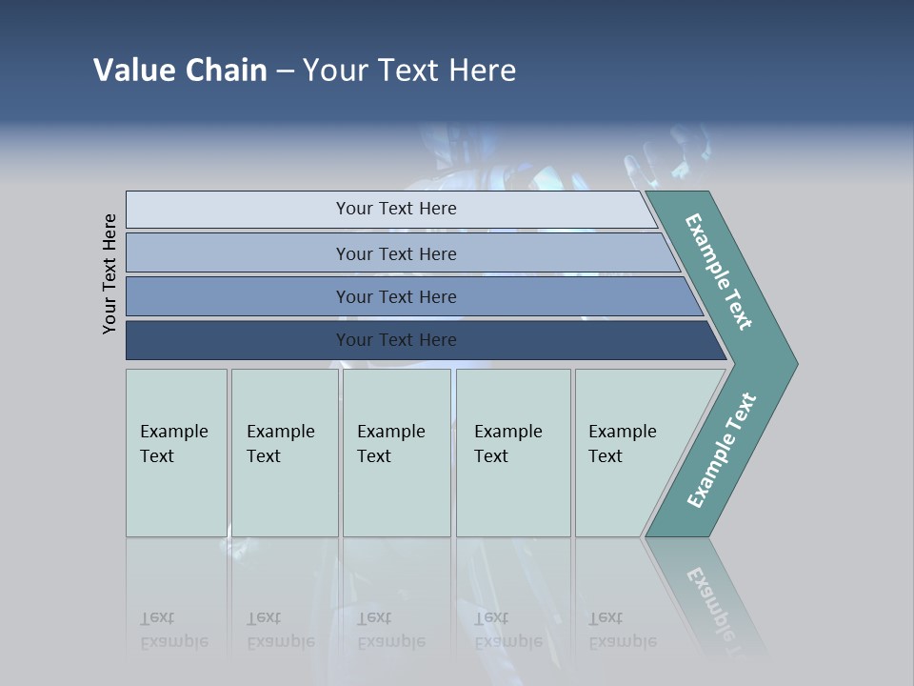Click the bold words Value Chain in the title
click(x=180, y=71)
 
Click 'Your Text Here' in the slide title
click(x=409, y=71)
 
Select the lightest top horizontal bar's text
click(x=396, y=209)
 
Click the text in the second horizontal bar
click(x=396, y=254)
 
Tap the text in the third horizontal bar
click(x=396, y=297)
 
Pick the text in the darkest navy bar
click(x=396, y=340)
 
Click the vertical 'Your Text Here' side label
click(x=109, y=274)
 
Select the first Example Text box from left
click(x=174, y=444)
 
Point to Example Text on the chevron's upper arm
click(x=719, y=272)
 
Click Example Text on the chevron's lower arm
click(x=722, y=451)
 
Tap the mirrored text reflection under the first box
click(x=174, y=630)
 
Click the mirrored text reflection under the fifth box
click(x=623, y=630)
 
